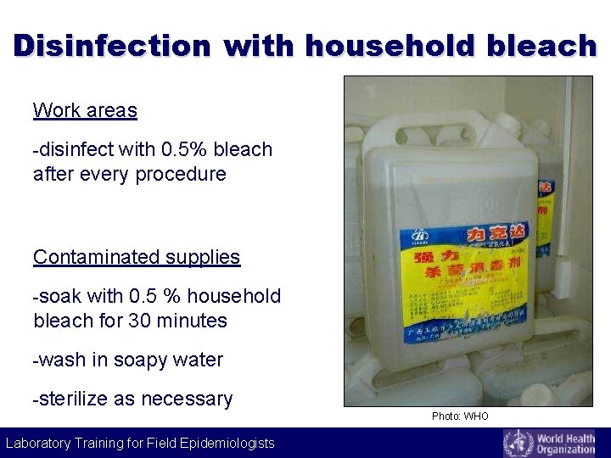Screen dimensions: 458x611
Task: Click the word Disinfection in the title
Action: point(111,45)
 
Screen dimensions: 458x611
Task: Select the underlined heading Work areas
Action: point(85,110)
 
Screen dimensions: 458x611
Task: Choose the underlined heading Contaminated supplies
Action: point(137,257)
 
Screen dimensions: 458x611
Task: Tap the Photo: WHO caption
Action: point(460,416)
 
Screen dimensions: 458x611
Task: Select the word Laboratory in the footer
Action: point(42,443)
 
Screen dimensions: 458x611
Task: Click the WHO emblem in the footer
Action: point(518,443)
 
